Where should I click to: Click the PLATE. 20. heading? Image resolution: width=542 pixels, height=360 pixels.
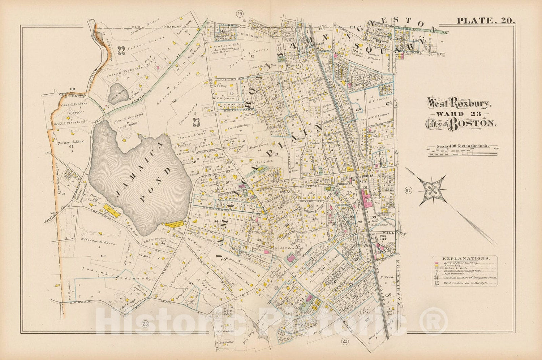click(x=486, y=21)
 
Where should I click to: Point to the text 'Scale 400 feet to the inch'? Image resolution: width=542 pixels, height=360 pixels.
click(x=462, y=146)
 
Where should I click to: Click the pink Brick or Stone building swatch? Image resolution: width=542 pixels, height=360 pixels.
click(x=437, y=263)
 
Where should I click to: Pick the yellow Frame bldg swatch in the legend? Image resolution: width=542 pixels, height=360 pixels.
click(x=437, y=266)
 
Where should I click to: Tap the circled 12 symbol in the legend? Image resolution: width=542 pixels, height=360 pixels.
click(x=437, y=278)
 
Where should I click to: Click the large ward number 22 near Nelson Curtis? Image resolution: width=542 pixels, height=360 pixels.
click(x=121, y=51)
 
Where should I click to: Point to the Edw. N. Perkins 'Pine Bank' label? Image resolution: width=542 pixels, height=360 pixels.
click(x=128, y=117)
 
